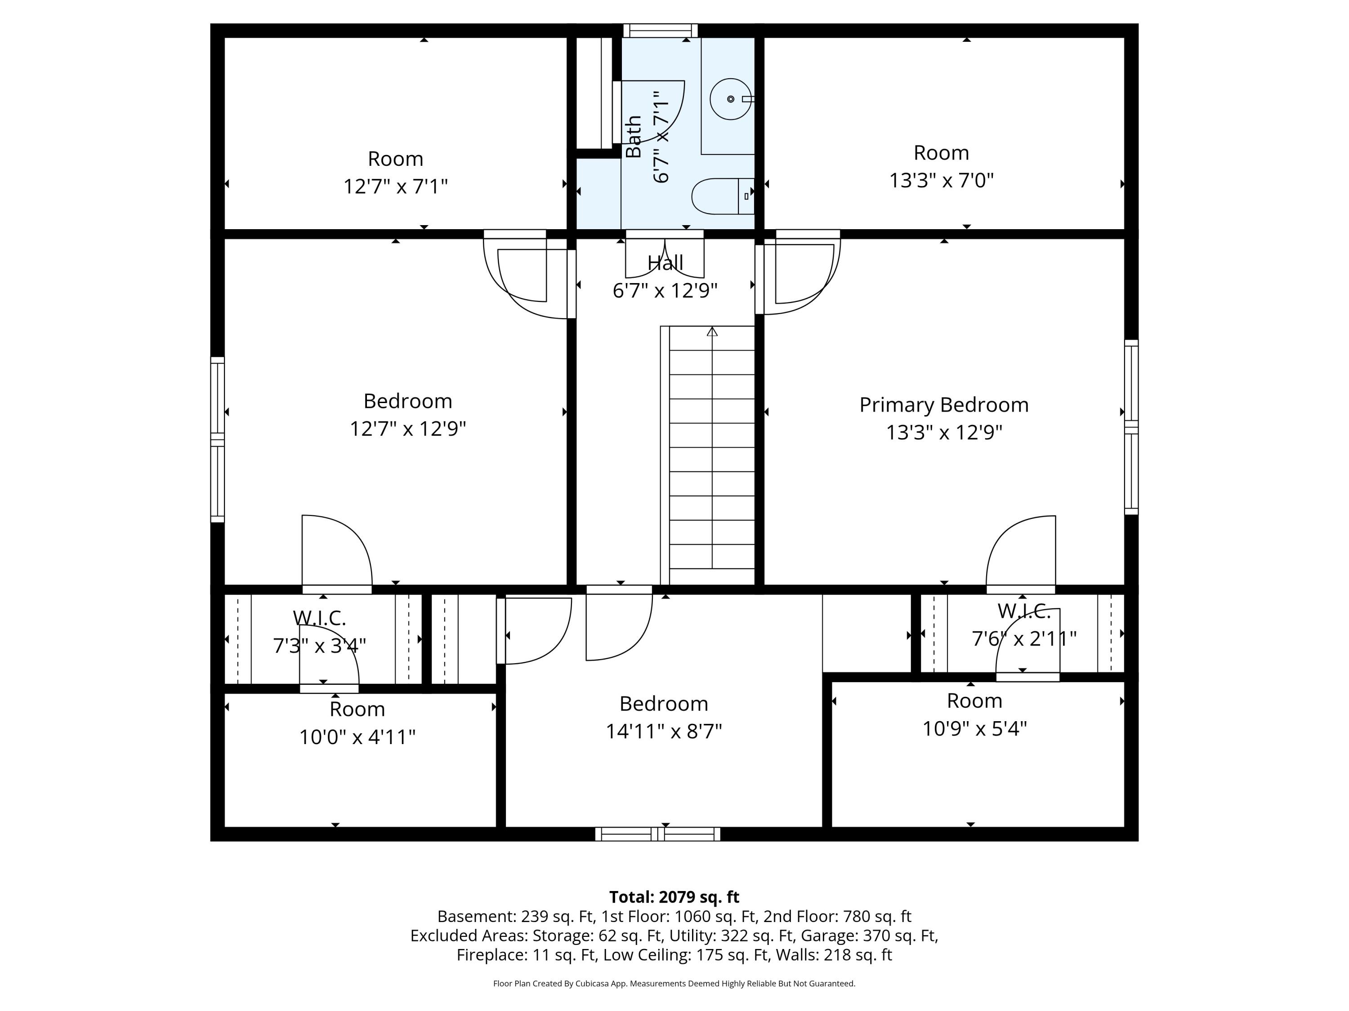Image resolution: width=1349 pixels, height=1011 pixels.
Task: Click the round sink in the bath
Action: tap(731, 99)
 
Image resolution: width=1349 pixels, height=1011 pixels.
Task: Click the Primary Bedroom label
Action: tap(943, 405)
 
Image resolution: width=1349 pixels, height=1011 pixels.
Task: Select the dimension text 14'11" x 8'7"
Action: tap(664, 731)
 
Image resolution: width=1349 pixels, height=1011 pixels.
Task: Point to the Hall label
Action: tap(665, 263)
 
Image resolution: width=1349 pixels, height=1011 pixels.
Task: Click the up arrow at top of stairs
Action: tap(712, 332)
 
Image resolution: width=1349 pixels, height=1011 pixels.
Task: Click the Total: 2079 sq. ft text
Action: tap(674, 897)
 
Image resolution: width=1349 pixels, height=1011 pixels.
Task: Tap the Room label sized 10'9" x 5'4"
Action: tap(974, 701)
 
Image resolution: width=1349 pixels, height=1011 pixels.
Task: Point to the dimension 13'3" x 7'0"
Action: tap(941, 180)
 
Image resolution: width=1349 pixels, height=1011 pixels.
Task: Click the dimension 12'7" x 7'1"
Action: tap(395, 186)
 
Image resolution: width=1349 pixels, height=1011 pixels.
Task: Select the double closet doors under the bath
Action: tap(665, 255)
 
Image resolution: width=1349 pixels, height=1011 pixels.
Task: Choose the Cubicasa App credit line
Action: tap(674, 984)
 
